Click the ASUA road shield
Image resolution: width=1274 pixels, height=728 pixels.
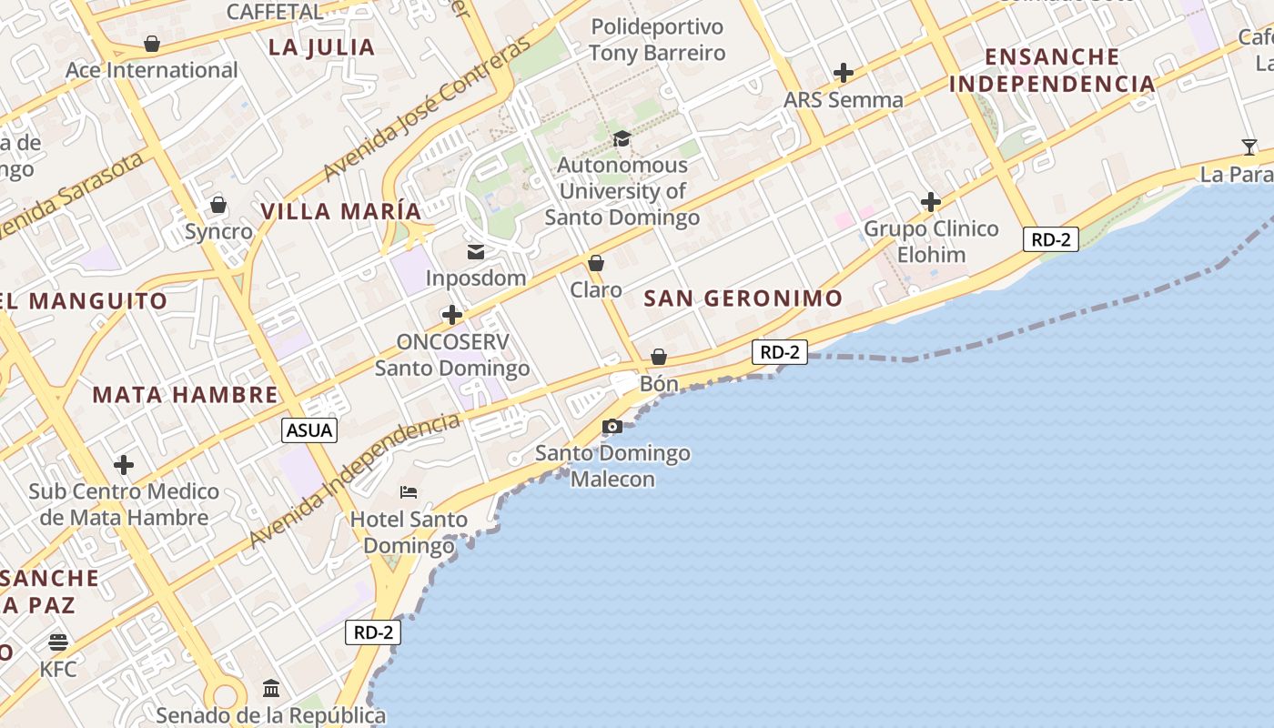point(309,430)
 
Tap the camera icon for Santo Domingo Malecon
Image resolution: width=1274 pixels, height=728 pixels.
point(612,426)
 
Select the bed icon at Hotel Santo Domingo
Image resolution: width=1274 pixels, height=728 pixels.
point(409,492)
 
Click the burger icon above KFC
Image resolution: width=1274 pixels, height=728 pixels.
point(58,642)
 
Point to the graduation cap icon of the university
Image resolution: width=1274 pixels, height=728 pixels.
point(622,138)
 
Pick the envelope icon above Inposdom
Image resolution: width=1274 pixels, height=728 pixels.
point(476,251)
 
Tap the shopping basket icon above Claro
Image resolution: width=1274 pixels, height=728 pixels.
point(596,263)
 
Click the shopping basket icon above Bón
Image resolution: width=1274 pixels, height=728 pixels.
point(658,357)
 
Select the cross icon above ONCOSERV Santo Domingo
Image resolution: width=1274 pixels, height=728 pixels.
point(451,315)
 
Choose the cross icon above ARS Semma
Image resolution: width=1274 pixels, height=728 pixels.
point(844,72)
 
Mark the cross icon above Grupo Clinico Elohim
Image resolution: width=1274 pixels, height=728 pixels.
point(930,201)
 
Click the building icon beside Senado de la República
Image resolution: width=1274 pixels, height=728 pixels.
point(271,688)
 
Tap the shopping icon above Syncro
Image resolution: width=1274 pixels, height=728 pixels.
point(217,205)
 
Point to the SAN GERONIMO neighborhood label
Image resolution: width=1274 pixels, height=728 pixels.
point(743,298)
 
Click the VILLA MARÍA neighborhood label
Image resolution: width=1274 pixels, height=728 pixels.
point(341,211)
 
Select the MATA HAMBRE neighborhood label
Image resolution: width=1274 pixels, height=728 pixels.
point(185,394)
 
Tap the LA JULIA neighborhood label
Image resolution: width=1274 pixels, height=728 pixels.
point(321,47)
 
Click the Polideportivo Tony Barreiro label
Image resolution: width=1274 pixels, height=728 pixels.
point(657,39)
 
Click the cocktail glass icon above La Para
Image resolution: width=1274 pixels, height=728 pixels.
point(1249,147)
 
